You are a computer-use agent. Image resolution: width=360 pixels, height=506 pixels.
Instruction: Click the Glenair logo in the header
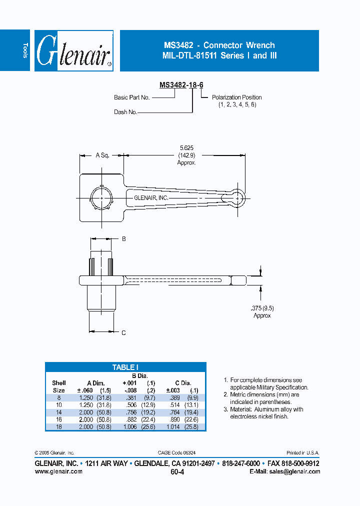click(x=74, y=50)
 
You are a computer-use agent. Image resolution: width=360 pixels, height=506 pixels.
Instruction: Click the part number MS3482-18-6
click(x=181, y=85)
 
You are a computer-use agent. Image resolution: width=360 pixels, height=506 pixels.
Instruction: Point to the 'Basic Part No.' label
click(x=132, y=97)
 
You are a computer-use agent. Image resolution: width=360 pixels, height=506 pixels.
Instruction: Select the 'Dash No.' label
click(x=125, y=112)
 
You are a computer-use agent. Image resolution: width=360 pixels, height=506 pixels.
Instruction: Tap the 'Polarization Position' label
click(x=236, y=97)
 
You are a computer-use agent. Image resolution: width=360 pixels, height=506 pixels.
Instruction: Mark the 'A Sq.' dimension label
click(x=102, y=155)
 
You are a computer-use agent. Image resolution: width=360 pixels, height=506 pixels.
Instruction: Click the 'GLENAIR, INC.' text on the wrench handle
click(x=151, y=198)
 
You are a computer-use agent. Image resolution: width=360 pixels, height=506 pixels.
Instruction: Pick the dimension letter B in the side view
click(x=124, y=239)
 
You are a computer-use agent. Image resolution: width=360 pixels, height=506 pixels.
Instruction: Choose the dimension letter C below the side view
click(x=124, y=332)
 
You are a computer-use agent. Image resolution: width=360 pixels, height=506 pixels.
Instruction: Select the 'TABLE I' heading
click(x=125, y=367)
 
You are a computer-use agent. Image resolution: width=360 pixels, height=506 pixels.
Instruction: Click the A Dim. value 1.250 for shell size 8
click(x=86, y=398)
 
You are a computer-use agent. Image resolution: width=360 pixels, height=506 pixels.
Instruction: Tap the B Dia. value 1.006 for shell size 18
click(x=129, y=426)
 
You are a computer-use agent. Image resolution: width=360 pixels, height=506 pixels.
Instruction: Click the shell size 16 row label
click(x=58, y=419)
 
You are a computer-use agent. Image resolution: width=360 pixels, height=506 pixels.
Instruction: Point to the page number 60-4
click(x=177, y=471)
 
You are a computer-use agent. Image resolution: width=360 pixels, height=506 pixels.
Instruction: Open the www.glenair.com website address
click(x=58, y=471)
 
